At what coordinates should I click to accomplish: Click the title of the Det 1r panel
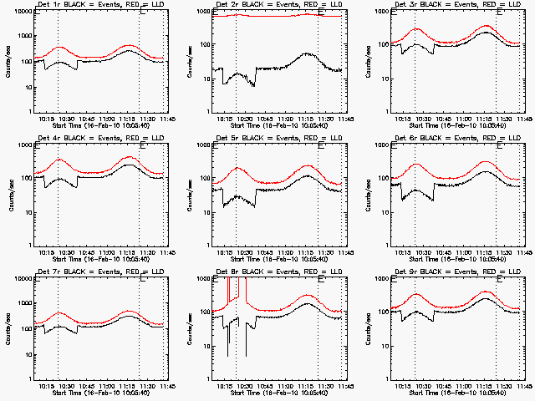[x=100, y=6]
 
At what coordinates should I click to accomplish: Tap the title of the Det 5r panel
[x=279, y=140]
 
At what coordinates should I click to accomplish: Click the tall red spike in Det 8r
[x=228, y=292]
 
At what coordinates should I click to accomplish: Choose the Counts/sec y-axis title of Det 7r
[x=11, y=328]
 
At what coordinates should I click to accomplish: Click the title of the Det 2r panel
[x=279, y=6]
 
